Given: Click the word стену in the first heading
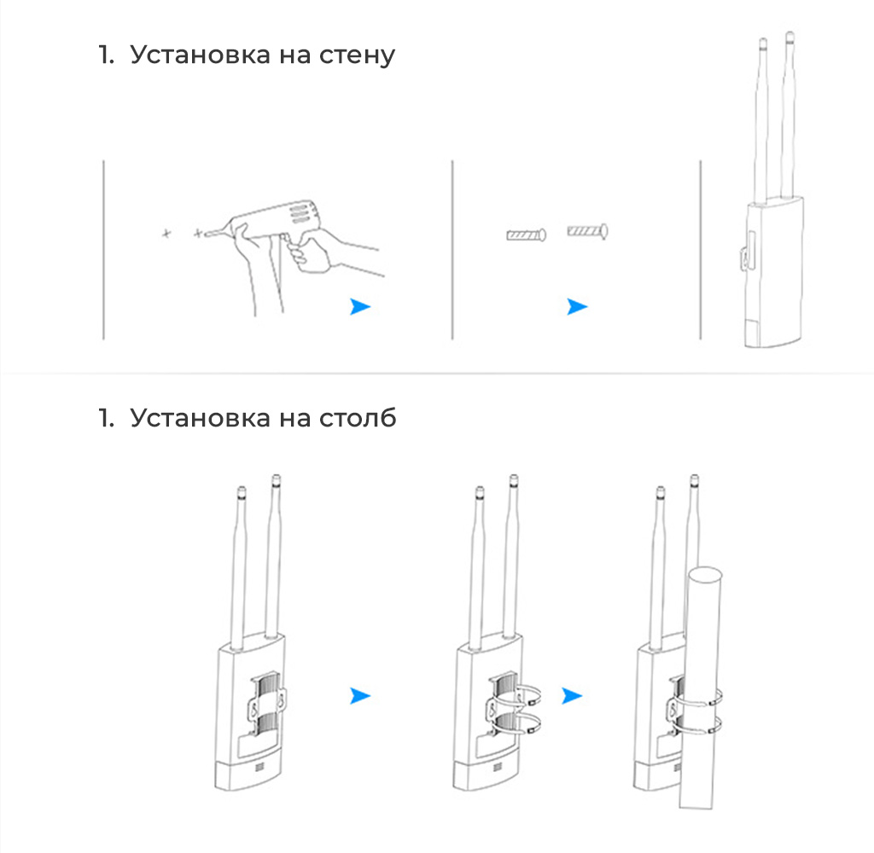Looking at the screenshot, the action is tap(357, 55).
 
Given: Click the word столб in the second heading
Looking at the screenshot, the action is tap(358, 418).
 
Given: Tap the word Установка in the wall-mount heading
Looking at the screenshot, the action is tap(200, 55).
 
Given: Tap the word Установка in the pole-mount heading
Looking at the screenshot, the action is tap(200, 418).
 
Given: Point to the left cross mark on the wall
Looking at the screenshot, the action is tap(166, 234).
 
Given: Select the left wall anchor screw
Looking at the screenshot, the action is tap(526, 235).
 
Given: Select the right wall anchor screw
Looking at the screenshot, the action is tap(587, 230).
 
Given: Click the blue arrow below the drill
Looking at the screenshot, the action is tap(359, 306).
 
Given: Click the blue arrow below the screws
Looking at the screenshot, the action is tap(576, 306).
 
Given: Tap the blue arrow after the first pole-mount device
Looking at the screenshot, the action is tap(359, 696).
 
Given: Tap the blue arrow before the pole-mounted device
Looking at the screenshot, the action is tap(571, 696).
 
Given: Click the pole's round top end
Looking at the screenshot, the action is tap(705, 574).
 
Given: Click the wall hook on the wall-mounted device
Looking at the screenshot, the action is tap(745, 258).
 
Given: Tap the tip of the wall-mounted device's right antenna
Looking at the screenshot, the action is tap(790, 33).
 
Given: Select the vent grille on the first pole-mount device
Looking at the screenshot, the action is tap(259, 768).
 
